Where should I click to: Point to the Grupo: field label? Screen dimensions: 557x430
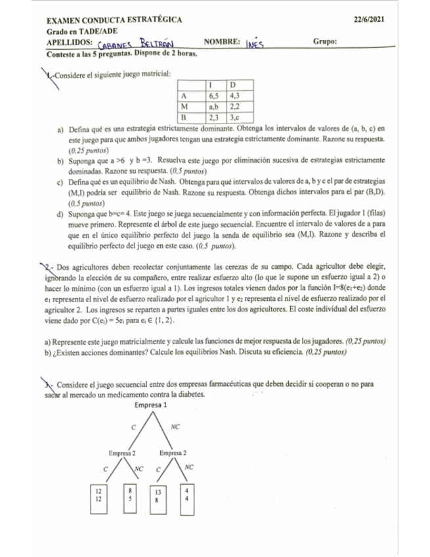[326, 41]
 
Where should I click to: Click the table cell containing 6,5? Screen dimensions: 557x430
[214, 95]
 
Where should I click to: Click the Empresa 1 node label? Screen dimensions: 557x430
[151, 405]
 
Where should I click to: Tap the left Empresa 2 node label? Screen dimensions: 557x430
[122, 453]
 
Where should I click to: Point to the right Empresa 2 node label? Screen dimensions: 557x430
[173, 453]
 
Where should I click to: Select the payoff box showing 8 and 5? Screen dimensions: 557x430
[131, 496]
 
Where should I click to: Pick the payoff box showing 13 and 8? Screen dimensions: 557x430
[156, 496]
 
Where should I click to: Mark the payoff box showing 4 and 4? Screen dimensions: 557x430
[188, 496]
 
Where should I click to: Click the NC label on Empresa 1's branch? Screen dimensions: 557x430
[175, 426]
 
